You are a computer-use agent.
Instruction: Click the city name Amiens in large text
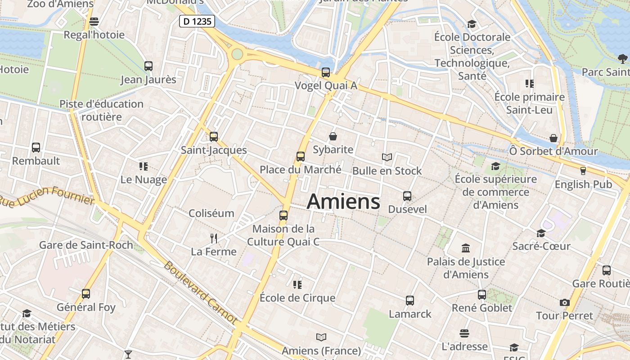click(x=343, y=202)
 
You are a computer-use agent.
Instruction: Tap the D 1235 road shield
click(x=197, y=21)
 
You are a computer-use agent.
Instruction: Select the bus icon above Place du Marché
click(x=301, y=157)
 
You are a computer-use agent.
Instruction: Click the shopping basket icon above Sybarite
click(x=333, y=136)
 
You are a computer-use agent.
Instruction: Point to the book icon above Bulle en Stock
click(x=387, y=157)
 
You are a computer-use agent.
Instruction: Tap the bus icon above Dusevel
click(x=407, y=196)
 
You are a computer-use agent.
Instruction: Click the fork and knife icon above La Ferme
click(x=214, y=238)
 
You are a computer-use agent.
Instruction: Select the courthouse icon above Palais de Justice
click(x=466, y=248)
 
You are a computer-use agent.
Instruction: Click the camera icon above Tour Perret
click(x=565, y=302)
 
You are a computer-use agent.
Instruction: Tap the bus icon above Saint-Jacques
click(x=214, y=136)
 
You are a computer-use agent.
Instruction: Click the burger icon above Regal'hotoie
click(x=94, y=21)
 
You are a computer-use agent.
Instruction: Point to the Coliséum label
click(x=211, y=213)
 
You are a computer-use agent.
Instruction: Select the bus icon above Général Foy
click(x=86, y=294)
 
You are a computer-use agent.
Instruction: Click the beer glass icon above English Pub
click(x=583, y=171)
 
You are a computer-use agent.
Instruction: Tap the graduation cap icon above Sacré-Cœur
click(x=541, y=233)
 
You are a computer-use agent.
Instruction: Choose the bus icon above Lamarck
click(x=410, y=300)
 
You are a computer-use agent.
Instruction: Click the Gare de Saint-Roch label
click(x=86, y=245)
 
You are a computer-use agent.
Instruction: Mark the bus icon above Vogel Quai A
click(x=326, y=72)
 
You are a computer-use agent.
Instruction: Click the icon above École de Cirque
click(x=297, y=284)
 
